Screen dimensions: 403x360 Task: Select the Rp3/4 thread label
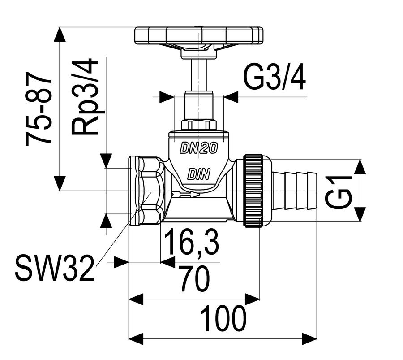point(85,97)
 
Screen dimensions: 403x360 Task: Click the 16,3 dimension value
point(192,242)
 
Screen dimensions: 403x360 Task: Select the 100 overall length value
point(223,318)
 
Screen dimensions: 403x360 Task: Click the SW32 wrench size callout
point(55,268)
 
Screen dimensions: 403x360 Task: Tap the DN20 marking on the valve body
point(199,148)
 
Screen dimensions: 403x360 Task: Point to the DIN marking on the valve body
point(199,174)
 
